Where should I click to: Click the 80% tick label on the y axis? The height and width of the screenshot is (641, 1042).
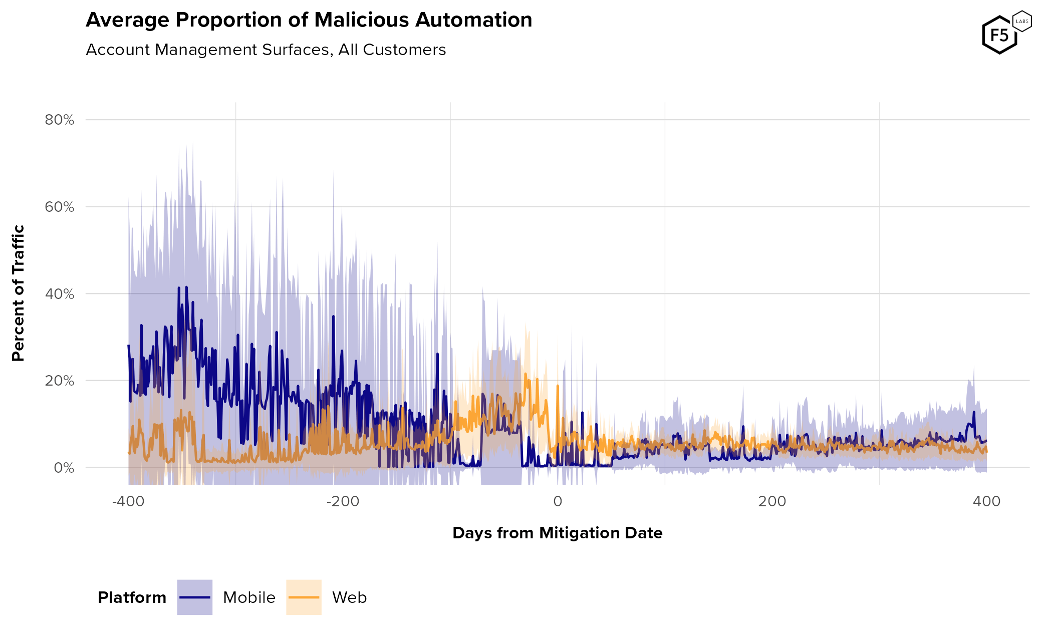pos(59,120)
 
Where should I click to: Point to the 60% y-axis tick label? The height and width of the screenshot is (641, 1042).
pos(59,207)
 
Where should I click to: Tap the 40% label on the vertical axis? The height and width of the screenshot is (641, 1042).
pos(59,294)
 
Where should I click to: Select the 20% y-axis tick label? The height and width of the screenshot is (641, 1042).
pos(59,381)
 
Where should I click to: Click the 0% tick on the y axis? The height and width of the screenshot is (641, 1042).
pos(64,468)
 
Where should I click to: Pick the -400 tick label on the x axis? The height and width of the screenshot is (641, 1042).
pos(128,501)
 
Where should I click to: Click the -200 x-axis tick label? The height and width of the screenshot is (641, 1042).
pos(343,501)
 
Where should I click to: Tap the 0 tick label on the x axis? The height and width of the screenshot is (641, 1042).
pos(558,501)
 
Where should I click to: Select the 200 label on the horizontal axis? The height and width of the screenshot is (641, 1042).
pos(772,501)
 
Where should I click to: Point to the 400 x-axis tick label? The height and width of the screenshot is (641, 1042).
pos(986,501)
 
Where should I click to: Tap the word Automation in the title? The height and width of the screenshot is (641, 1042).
pos(473,21)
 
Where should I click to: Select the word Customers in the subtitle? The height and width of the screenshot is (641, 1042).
pos(404,50)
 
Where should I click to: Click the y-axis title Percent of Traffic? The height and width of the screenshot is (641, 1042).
pos(19,293)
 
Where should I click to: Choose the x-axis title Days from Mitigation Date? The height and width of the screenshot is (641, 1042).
pos(557,533)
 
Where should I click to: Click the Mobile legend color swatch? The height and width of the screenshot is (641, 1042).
pos(195,597)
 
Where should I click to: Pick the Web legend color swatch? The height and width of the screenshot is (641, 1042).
pos(304,597)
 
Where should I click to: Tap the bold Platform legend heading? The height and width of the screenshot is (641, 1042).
pos(132,598)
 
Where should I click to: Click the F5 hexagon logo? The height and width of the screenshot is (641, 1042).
pos(999,35)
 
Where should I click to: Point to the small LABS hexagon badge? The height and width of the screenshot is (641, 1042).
pos(1022,22)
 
